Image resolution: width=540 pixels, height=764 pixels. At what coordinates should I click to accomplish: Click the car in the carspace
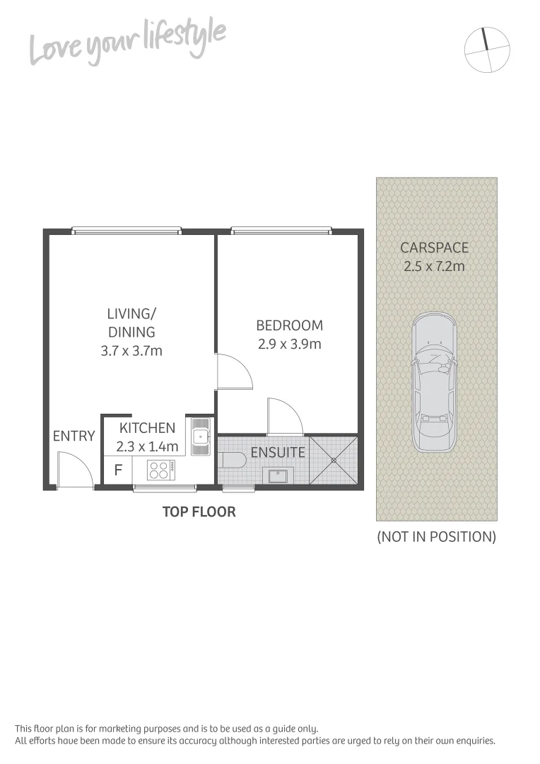coord(433,382)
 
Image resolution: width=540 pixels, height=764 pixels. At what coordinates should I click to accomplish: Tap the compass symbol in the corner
coord(487,50)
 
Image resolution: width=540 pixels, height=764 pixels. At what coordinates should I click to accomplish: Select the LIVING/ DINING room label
coord(131,322)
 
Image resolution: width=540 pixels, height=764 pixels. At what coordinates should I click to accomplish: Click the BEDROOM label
coord(289,325)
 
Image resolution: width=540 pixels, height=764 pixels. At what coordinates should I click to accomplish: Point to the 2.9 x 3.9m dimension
coord(289,345)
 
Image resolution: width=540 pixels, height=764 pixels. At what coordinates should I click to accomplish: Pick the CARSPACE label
coord(434,248)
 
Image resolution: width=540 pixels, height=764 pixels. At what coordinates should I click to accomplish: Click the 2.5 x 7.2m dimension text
coord(434,267)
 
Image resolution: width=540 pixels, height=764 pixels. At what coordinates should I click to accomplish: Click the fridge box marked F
coord(117,469)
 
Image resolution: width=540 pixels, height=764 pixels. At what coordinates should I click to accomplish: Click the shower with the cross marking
coord(334,461)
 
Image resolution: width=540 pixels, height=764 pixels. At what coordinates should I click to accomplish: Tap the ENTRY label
coord(74,436)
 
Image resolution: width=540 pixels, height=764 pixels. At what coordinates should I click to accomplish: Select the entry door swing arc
coord(76,469)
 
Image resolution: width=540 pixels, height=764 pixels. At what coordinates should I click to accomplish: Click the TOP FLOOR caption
coord(199,511)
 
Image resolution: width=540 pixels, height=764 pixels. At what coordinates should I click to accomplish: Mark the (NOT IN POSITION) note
coord(436,536)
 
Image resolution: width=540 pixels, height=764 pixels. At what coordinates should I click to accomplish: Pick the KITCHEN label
coord(147,428)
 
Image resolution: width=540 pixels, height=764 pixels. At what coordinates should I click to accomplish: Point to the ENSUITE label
coord(278,452)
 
